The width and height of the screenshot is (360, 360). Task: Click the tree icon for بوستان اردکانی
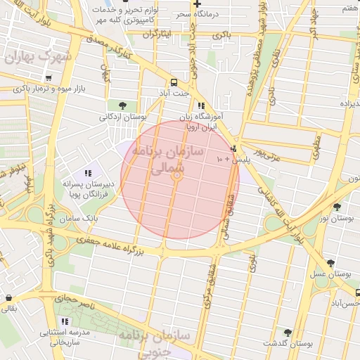[123, 105]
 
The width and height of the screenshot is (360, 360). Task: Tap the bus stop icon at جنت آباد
[174, 82]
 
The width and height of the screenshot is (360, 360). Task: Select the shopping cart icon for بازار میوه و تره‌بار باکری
[48, 78]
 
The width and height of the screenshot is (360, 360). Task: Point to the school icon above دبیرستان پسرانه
[87, 173]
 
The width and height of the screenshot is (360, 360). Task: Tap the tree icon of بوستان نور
[337, 207]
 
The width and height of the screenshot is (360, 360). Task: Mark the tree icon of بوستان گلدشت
[288, 332]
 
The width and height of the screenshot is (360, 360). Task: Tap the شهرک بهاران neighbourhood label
[39, 57]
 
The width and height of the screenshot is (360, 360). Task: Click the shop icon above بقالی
[8, 297]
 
